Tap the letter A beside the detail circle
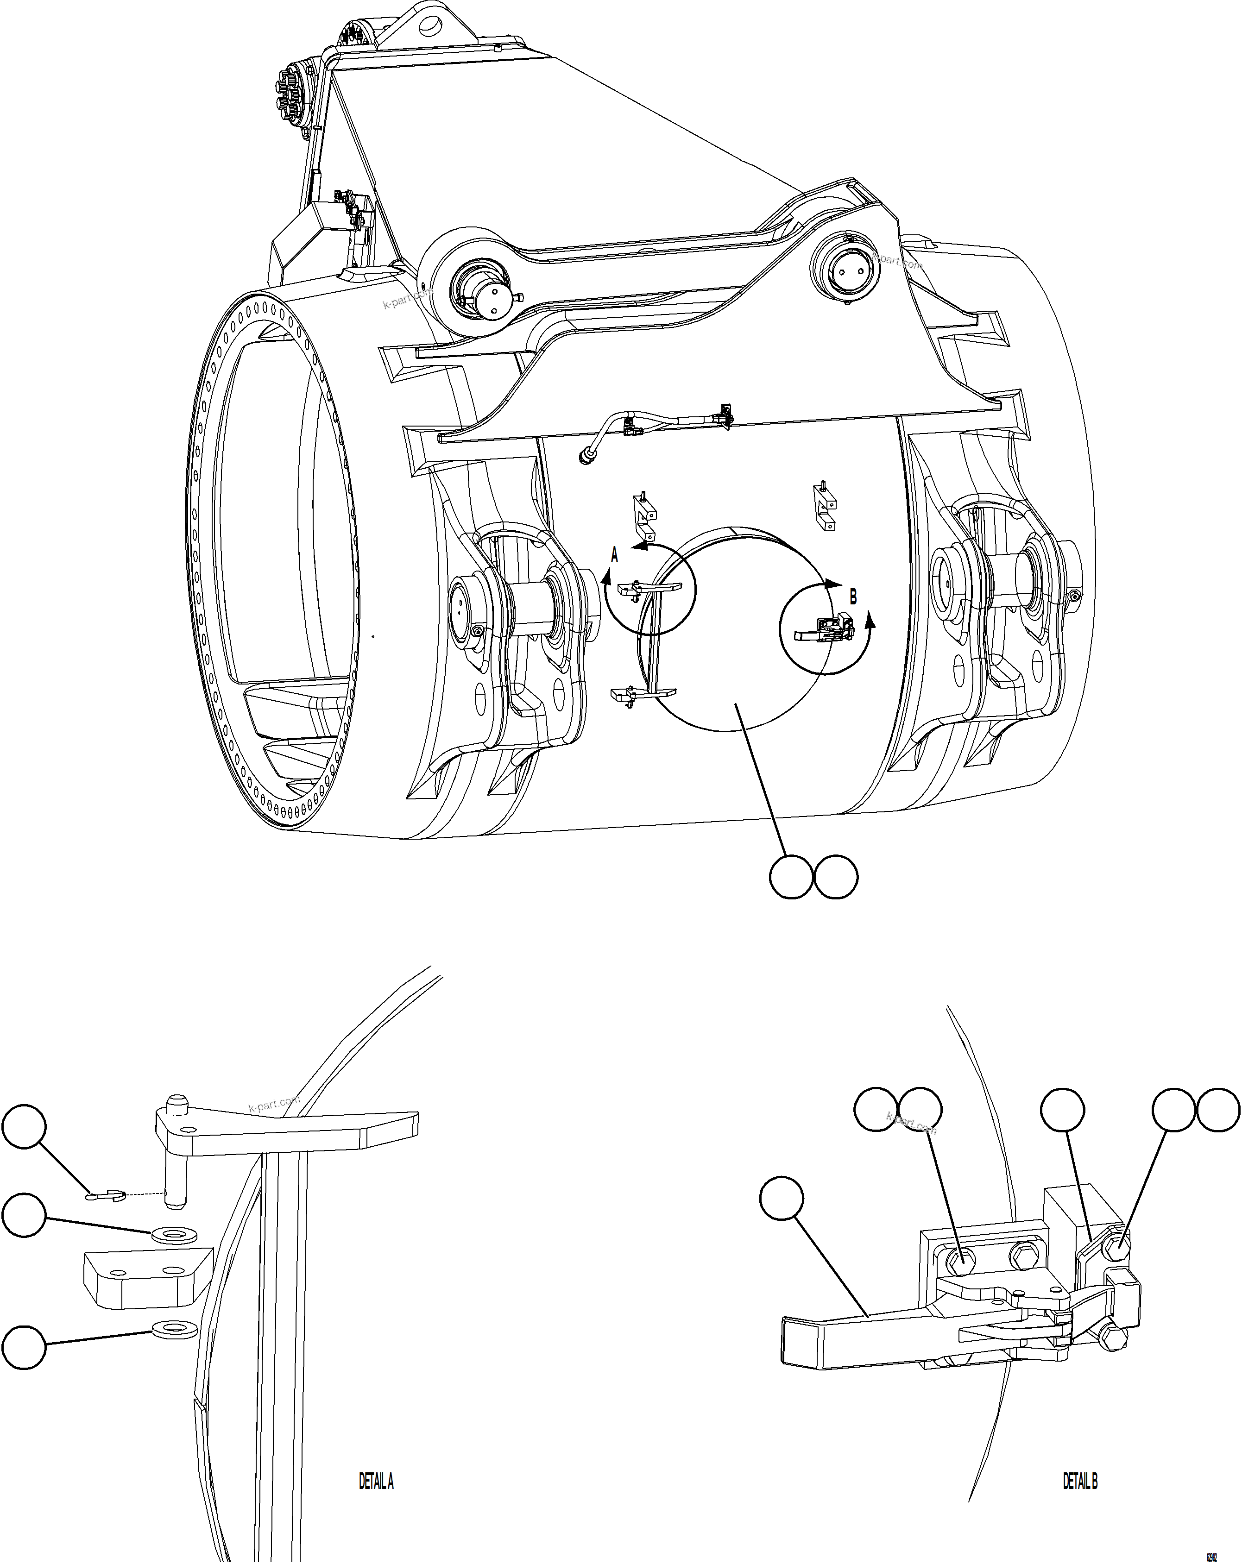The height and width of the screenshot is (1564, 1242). click(614, 556)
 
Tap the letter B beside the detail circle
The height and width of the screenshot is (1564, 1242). click(853, 597)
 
